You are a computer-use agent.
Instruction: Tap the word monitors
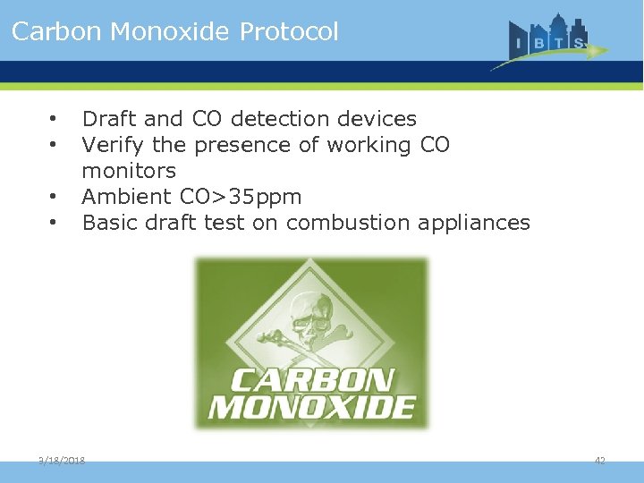coord(129,171)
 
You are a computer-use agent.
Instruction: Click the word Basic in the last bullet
coord(106,223)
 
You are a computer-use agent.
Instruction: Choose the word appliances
coord(475,223)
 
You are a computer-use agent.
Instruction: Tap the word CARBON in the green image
coord(311,380)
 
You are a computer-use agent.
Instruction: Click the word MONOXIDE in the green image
coord(311,408)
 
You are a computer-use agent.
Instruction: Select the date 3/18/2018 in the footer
coord(62,460)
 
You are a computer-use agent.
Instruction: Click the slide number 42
coord(600,460)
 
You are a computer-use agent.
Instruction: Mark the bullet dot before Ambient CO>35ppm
coord(55,197)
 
